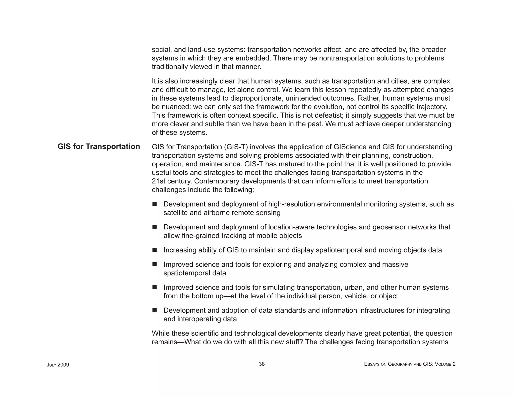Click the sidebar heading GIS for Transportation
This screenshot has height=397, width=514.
99,147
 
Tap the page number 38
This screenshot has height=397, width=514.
262,364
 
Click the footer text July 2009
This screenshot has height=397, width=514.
58,365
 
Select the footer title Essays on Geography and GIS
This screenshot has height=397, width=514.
410,364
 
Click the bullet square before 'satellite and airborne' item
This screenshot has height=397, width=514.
154,204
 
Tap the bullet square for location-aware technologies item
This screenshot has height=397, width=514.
154,227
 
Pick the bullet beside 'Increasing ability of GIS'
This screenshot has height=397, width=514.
154,250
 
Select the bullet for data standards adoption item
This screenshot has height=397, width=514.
154,310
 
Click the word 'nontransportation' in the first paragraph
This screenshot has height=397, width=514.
347,58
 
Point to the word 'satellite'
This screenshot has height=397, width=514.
175,213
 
